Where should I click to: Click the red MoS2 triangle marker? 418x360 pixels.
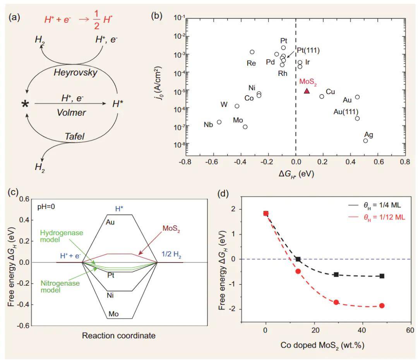tap(307, 91)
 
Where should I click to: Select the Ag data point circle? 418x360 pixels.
tap(365, 141)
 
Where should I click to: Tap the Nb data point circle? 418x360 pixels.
tap(219, 122)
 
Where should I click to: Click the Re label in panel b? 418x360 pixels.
tap(251, 63)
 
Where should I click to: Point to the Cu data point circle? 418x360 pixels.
tap(322, 96)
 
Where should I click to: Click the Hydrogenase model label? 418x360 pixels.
tap(59, 237)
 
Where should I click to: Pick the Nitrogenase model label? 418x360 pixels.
tap(62, 287)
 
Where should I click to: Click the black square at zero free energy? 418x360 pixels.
tap(298, 259)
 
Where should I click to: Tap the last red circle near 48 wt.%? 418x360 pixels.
tap(382, 305)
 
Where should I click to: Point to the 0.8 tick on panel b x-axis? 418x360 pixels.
tap(405, 162)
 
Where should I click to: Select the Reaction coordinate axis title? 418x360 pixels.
tap(118, 336)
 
